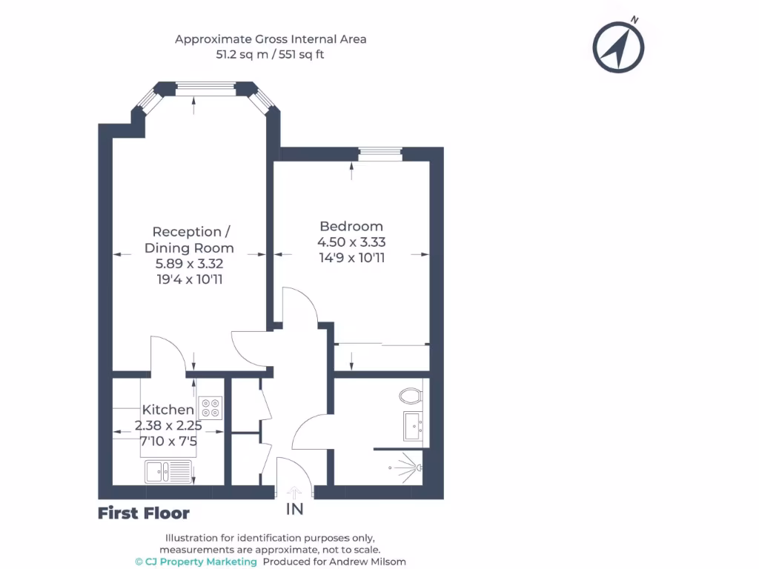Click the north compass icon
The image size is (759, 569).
[618, 47]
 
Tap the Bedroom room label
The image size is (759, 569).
[351, 226]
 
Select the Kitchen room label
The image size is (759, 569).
[168, 410]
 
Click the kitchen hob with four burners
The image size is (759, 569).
[211, 407]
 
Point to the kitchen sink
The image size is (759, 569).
[168, 470]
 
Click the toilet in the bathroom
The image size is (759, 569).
[410, 396]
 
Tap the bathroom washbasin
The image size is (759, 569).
[413, 426]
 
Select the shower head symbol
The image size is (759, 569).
[417, 467]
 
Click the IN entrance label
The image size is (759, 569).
[295, 510]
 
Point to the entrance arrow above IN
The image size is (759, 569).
[295, 491]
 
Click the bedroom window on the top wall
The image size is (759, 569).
[379, 154]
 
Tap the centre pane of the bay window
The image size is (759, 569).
[205, 89]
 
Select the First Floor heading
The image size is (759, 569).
[144, 513]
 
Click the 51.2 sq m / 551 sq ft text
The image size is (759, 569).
[271, 54]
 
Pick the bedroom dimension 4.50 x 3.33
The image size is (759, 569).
[351, 242]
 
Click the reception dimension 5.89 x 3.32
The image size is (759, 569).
[189, 264]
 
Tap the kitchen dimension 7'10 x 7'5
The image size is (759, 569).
[168, 441]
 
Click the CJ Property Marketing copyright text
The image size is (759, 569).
[196, 562]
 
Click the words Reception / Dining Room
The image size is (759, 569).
[189, 240]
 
